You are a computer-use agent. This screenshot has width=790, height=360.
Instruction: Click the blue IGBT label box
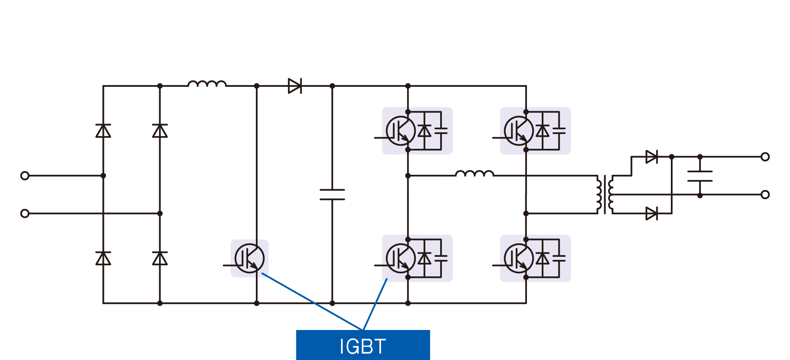[x=363, y=345]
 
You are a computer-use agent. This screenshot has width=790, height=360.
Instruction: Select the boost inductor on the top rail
[x=207, y=84]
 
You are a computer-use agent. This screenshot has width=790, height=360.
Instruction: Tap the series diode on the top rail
[x=295, y=86]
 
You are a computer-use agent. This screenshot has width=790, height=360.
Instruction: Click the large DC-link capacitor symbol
[x=332, y=194]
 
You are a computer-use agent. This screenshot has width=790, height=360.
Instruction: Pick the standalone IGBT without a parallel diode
[x=249, y=258]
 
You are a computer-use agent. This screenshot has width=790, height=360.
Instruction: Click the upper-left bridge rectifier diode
[x=103, y=131]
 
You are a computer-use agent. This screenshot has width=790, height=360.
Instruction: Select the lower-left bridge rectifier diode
[x=103, y=258]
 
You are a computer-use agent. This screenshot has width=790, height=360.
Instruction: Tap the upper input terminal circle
[x=25, y=176]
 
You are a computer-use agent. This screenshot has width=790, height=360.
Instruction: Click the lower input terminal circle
[x=25, y=214]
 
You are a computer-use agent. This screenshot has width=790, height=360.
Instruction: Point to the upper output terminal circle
[x=765, y=157]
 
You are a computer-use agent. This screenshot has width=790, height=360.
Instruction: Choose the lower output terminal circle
[x=765, y=195]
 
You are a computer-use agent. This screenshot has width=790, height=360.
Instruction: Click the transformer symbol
[x=604, y=195]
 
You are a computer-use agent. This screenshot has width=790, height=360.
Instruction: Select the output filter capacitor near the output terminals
[x=700, y=176]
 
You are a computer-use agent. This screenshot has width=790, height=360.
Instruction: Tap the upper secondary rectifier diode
[x=651, y=157]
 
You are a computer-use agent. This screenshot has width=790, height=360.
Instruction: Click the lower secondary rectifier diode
[x=651, y=214]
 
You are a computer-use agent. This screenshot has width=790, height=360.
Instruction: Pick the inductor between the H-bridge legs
[x=475, y=174]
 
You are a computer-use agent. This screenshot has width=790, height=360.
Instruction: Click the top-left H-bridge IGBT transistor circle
[x=401, y=131]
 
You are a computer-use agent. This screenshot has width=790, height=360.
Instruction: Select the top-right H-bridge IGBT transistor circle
[x=519, y=131]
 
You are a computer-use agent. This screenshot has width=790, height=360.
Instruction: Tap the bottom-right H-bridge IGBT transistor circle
[x=519, y=258]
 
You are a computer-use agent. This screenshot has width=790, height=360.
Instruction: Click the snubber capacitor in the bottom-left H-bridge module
[x=441, y=258]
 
